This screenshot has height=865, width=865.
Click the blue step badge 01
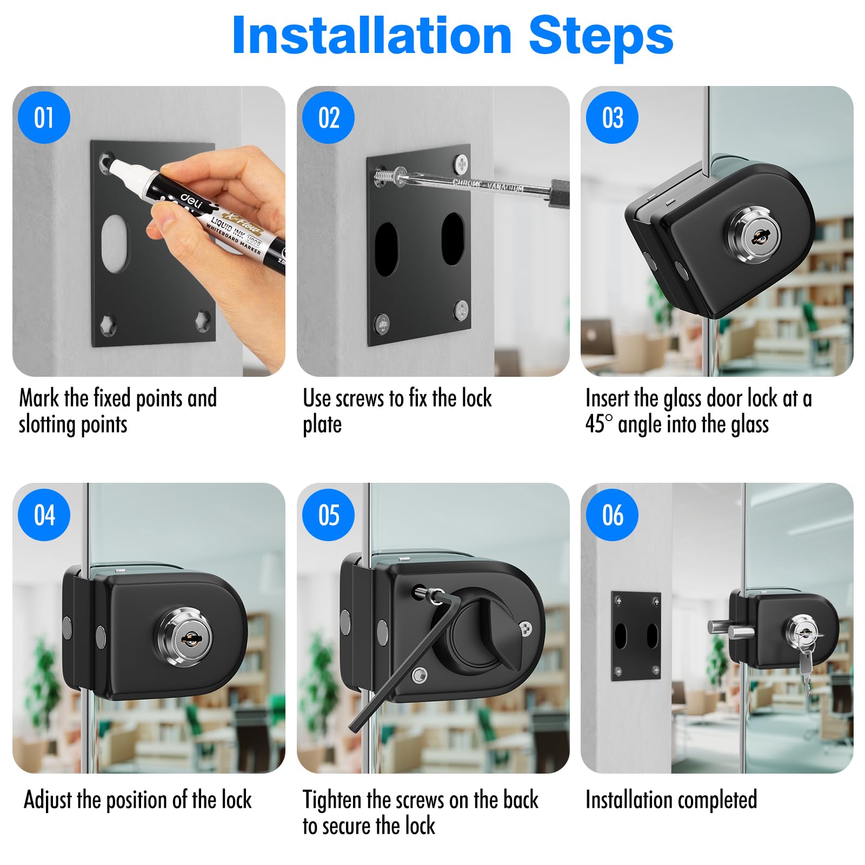click(44, 117)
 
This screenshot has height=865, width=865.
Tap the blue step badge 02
click(329, 117)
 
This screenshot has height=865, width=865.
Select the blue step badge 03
click(613, 117)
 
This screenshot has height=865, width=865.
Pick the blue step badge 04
click(44, 515)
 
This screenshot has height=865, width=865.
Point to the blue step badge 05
click(329, 515)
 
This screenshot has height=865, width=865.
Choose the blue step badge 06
click(613, 515)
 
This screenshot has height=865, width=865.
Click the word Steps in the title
click(601, 35)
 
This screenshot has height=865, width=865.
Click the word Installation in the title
click(372, 35)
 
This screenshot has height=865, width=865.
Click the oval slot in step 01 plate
click(116, 243)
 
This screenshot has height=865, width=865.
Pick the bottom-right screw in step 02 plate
click(461, 309)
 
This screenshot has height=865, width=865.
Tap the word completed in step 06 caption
click(714, 801)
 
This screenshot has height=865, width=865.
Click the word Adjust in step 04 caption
click(48, 800)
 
